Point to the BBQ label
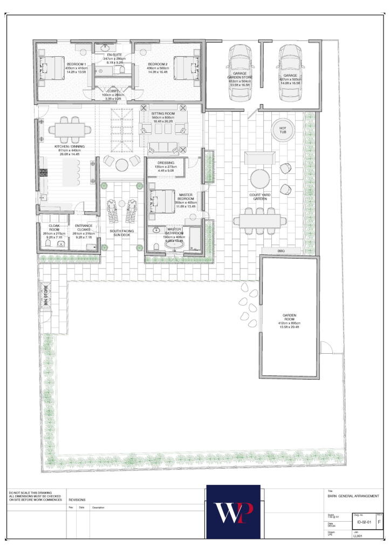coord(280,251)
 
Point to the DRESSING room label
coord(165,163)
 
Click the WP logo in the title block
coord(233,511)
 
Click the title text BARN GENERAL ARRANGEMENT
coord(353,496)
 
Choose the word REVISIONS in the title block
coord(77,500)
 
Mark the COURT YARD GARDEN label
coord(259,197)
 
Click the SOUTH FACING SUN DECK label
coord(121,233)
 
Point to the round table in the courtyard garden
coord(260,178)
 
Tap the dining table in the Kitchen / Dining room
coord(70,130)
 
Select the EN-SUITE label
coord(113,55)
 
